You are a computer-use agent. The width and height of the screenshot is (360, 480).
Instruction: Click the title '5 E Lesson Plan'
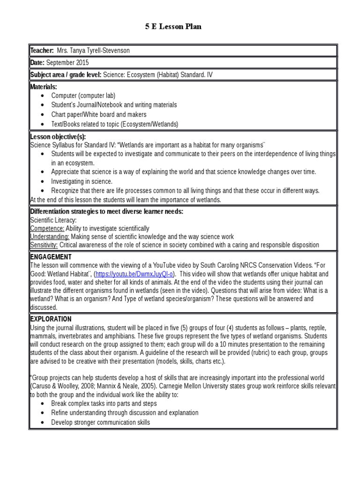click(173, 27)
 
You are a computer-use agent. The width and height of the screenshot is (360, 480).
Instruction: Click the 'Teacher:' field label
click(42, 51)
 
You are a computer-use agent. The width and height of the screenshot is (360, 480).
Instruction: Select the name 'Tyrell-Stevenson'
click(107, 51)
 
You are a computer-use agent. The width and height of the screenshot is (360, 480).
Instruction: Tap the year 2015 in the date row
click(81, 62)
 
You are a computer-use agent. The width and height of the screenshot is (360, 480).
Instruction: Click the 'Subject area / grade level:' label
click(65, 75)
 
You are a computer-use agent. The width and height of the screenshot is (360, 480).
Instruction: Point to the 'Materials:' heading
click(44, 87)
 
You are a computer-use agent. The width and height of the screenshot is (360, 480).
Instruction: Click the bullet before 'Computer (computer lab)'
click(43, 96)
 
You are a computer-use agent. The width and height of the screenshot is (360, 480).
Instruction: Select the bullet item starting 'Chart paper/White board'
click(98, 114)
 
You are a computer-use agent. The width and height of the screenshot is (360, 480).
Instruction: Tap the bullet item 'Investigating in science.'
click(82, 181)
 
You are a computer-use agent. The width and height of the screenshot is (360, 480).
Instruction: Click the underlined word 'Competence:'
click(46, 228)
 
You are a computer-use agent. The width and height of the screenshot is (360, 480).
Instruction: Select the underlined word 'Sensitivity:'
click(44, 245)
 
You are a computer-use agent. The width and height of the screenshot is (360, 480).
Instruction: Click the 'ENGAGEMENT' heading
click(51, 257)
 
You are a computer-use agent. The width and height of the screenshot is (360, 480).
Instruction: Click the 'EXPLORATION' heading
click(51, 319)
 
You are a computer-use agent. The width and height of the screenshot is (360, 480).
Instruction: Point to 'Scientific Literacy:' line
click(53, 220)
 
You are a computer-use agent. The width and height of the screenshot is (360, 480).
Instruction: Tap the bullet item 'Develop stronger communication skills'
click(100, 422)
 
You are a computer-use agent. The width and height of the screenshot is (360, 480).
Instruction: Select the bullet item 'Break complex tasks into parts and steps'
click(104, 404)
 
